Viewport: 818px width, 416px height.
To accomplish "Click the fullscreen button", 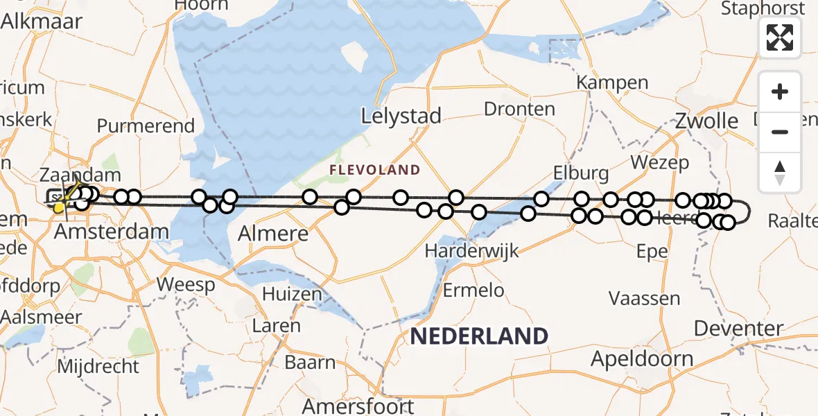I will pyautogui.click(x=780, y=37).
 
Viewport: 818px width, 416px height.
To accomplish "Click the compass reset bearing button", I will pyautogui.click(x=780, y=173).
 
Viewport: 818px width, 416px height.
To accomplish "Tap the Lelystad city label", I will pyautogui.click(x=401, y=116).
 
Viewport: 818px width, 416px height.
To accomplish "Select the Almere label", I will pyautogui.click(x=273, y=233).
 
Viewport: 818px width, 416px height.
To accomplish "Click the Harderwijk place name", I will pyautogui.click(x=472, y=251).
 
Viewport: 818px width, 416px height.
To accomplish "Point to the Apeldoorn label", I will pyautogui.click(x=642, y=358).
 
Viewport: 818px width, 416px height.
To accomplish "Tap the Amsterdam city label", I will pyautogui.click(x=111, y=232).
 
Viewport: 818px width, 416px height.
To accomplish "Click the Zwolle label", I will pyautogui.click(x=706, y=121).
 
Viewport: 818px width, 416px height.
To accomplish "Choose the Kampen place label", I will pyautogui.click(x=613, y=83).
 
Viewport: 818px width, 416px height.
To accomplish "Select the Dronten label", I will pyautogui.click(x=519, y=109).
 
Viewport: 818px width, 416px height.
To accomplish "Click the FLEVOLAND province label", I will pyautogui.click(x=374, y=170).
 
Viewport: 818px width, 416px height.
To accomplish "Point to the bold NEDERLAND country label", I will pyautogui.click(x=479, y=336).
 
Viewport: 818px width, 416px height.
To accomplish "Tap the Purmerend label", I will pyautogui.click(x=146, y=126).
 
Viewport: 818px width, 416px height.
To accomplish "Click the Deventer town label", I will pyautogui.click(x=738, y=328).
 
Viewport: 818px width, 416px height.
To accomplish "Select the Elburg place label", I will pyautogui.click(x=581, y=173).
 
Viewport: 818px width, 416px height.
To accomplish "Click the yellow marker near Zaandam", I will pyautogui.click(x=60, y=207).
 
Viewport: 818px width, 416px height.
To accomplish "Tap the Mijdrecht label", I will pyautogui.click(x=98, y=365).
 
